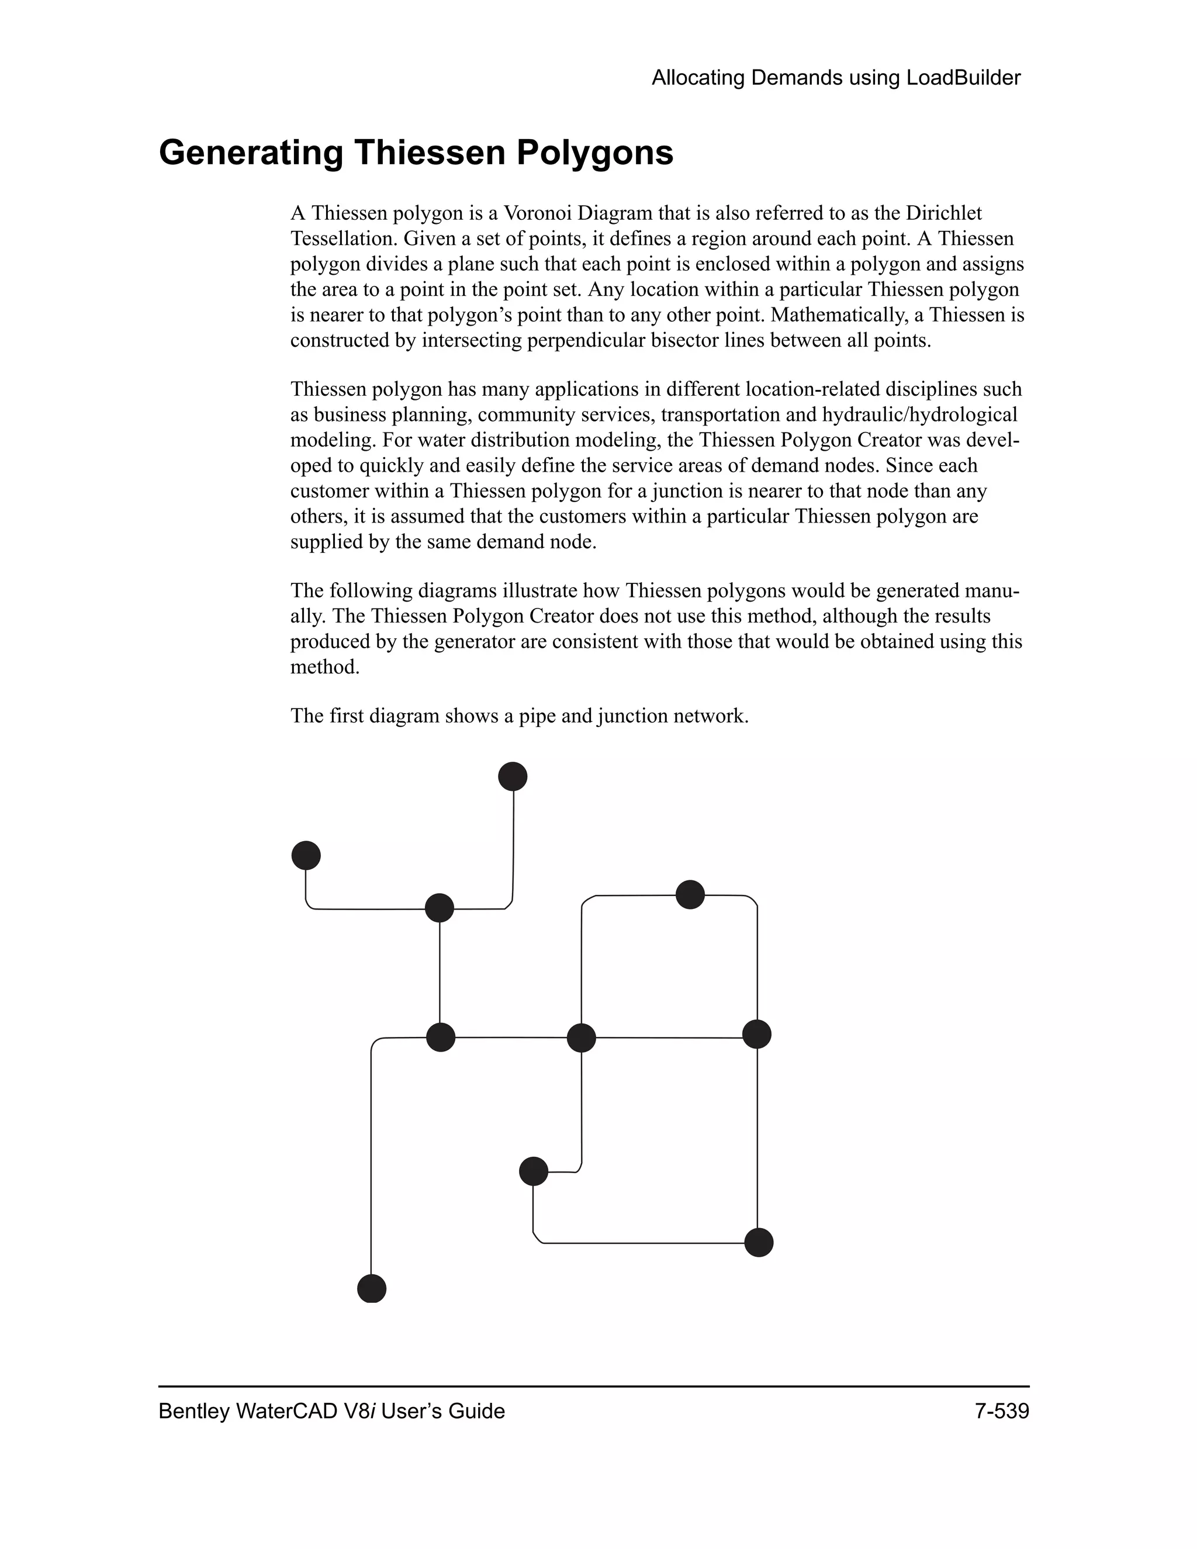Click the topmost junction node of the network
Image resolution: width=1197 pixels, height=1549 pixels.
click(513, 776)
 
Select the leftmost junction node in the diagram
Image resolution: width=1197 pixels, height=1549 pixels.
click(306, 855)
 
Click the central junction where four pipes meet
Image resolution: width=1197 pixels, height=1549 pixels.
click(582, 1038)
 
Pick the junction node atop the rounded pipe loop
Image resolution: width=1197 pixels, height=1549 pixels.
click(690, 894)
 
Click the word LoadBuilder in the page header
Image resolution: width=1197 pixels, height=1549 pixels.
click(963, 78)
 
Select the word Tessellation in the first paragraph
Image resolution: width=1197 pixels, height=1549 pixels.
click(344, 238)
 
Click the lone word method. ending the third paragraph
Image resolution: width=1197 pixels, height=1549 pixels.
click(325, 667)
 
